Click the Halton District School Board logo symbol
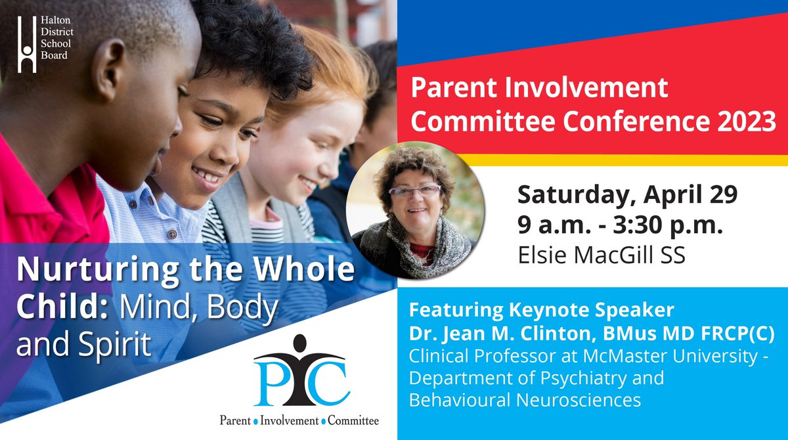point(27,44)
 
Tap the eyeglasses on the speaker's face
point(415,190)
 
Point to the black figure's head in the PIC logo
point(300,343)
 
